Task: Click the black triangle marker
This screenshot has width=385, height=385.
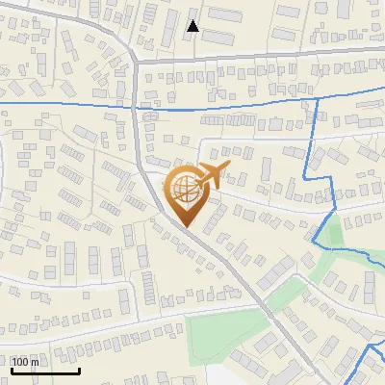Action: click(x=192, y=26)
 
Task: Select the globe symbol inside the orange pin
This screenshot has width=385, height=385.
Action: click(x=187, y=190)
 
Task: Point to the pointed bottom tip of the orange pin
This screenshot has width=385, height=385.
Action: click(x=187, y=228)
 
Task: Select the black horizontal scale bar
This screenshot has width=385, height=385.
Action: click(x=44, y=372)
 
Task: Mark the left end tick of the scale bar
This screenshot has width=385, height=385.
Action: click(x=12, y=370)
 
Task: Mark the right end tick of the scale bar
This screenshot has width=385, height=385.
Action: click(x=78, y=370)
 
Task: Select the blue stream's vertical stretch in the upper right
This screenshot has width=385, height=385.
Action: click(x=317, y=135)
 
